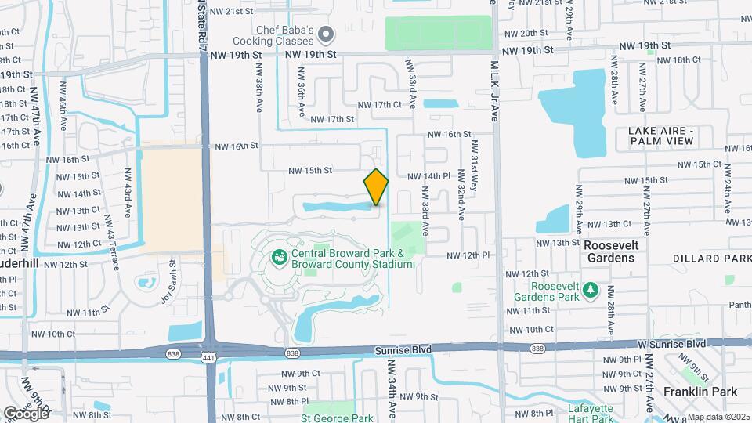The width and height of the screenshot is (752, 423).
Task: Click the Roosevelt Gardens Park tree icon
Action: (591, 292)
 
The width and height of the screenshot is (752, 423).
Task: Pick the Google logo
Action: (26, 412)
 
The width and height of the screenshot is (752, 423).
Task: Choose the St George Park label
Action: (326, 418)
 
